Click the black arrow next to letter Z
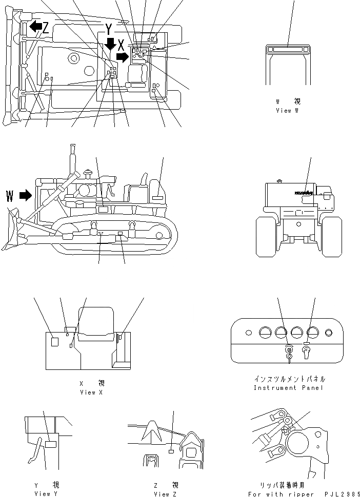[x=35, y=26]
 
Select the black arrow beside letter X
[x=122, y=55]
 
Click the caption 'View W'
[x=287, y=110]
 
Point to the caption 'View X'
[x=91, y=392]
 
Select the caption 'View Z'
[x=165, y=493]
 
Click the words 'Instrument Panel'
[x=289, y=388]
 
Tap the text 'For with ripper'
[x=281, y=494]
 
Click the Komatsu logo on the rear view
[x=304, y=193]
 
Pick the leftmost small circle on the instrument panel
[x=248, y=333]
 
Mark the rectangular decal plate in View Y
[x=50, y=444]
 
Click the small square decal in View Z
[x=171, y=451]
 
